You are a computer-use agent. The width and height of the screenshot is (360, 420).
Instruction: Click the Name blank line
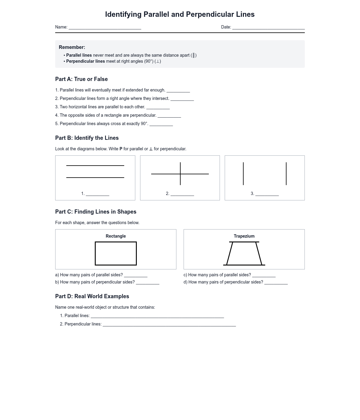point(105,28)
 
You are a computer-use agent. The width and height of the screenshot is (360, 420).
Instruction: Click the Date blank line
point(268,28)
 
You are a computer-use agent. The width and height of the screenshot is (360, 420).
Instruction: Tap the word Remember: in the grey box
point(72,47)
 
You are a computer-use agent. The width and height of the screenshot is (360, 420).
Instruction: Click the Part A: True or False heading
point(81,79)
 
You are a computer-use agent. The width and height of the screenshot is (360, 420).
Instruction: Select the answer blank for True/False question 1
point(178,91)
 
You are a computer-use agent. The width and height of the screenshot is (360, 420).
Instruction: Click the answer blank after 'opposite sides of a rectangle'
point(169,116)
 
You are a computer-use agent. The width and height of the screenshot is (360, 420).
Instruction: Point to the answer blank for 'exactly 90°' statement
point(161,125)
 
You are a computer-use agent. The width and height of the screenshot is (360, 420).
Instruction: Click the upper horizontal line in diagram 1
point(95,166)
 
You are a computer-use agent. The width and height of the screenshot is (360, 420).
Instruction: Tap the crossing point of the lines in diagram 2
point(180,174)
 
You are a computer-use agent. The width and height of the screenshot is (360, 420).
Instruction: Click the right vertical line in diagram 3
point(286,174)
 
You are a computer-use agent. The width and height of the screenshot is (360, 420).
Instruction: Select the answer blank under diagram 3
point(267,195)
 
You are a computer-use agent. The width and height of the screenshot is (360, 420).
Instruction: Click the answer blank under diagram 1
point(97,195)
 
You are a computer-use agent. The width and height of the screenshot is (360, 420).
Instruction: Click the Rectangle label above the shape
point(116,236)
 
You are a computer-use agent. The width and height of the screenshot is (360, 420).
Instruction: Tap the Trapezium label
point(244,236)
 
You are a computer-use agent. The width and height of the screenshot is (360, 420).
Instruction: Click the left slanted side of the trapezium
point(229,253)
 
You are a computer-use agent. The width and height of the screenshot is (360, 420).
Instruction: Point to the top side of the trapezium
point(244,242)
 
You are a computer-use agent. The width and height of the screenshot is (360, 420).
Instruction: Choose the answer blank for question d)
point(276,283)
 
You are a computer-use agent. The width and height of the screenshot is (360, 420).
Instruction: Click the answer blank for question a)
point(136,276)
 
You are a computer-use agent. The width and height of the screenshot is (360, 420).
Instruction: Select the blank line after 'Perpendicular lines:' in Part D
point(169,325)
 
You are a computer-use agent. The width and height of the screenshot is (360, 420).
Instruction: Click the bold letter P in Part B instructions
point(121,149)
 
